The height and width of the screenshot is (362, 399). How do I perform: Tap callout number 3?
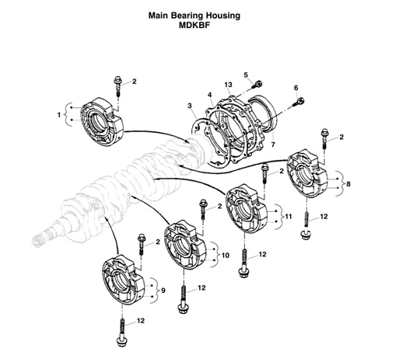(189, 106)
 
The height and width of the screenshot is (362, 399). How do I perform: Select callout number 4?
(210, 96)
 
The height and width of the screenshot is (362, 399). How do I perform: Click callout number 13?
(229, 84)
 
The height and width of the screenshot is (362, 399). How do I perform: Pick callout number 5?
(245, 75)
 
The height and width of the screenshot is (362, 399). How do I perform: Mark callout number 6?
(296, 88)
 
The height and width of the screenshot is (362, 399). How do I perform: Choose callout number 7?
(272, 144)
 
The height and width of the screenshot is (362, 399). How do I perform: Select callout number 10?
(226, 254)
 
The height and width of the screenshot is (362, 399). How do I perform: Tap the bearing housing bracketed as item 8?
(310, 175)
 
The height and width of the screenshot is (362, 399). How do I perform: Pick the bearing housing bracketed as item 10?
(187, 245)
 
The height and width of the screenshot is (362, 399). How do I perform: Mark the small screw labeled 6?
(300, 99)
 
